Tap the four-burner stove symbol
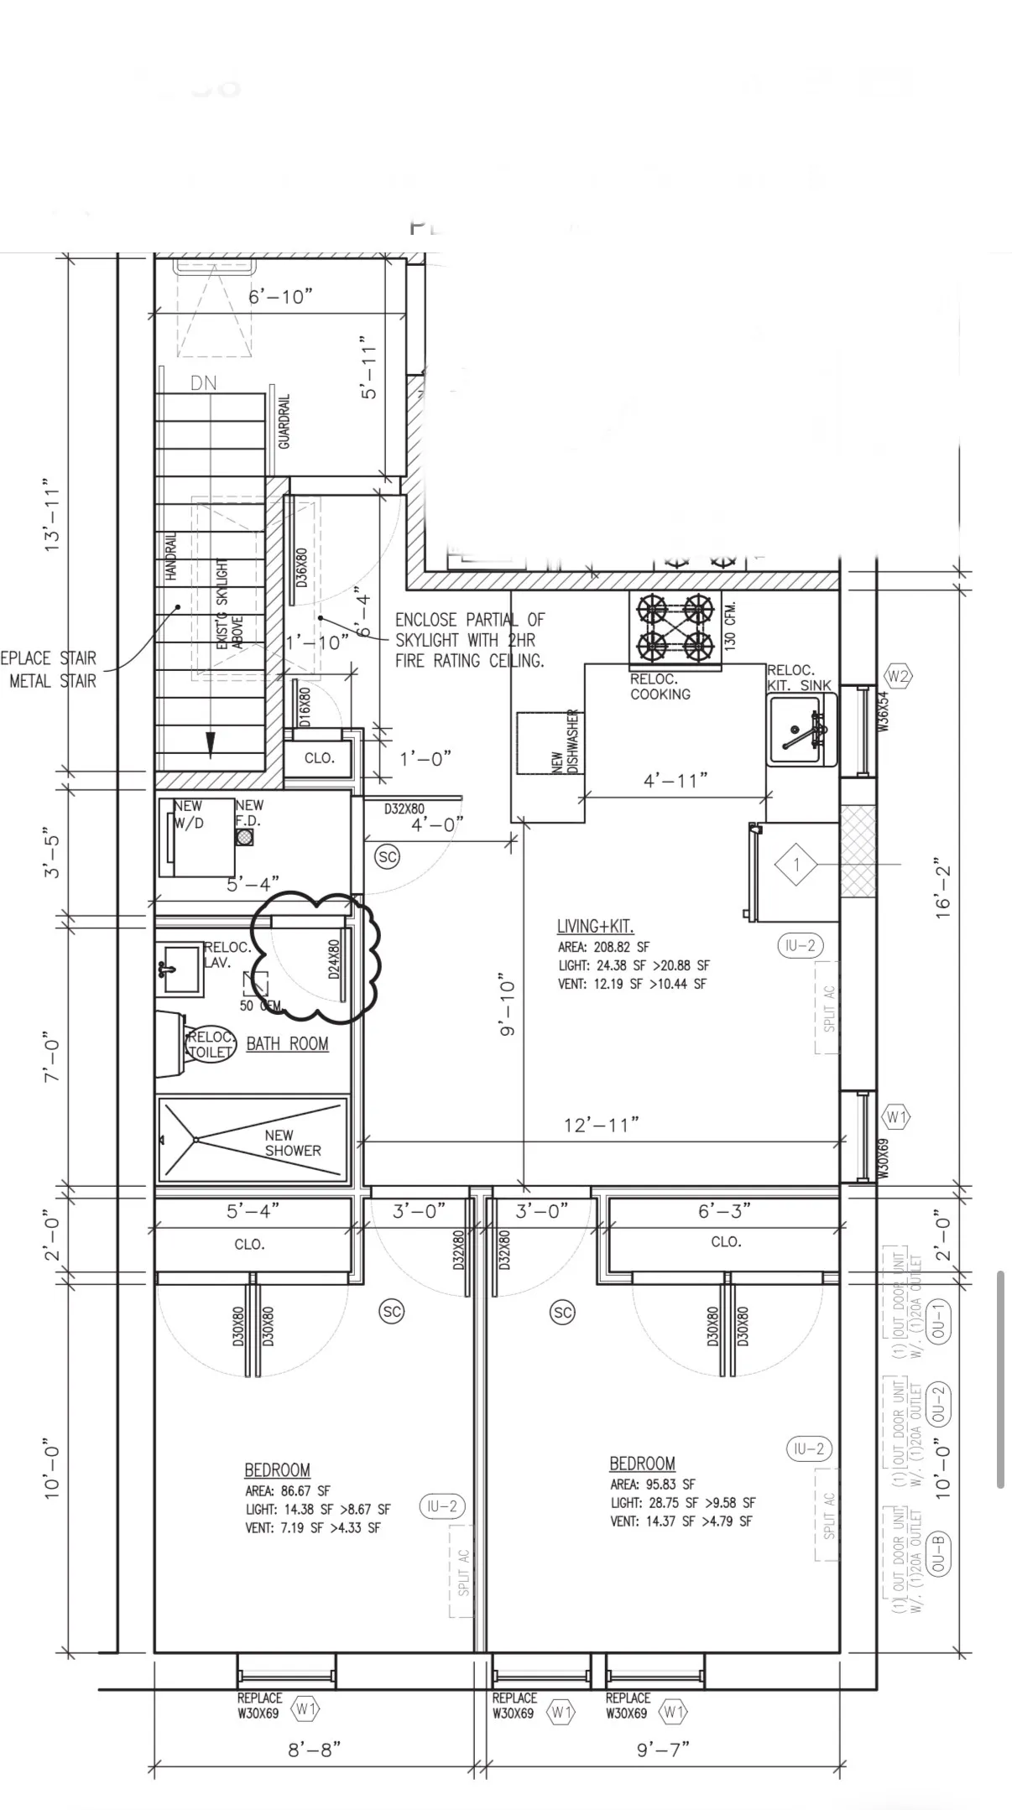[x=675, y=627]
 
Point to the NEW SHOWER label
[x=293, y=1142]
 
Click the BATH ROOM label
[x=287, y=1043]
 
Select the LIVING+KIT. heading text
[x=595, y=926]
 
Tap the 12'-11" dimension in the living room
[x=601, y=1125]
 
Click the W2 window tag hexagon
[x=898, y=676]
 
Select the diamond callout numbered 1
[x=796, y=865]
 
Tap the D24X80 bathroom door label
[x=334, y=960]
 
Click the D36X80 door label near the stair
[x=301, y=567]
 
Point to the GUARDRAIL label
[x=284, y=421]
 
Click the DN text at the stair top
[x=203, y=383]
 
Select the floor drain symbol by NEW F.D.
[x=244, y=837]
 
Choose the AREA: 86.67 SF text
[x=288, y=1490]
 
